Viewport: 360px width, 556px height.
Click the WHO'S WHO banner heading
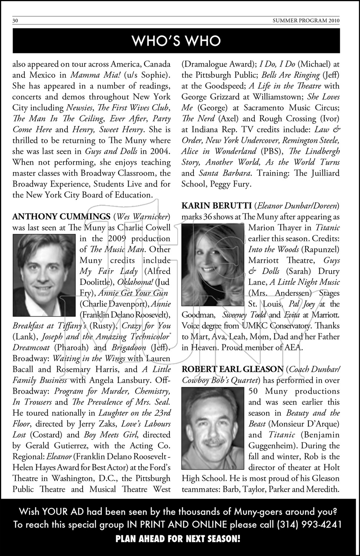point(176,41)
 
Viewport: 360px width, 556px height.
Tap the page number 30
point(16,21)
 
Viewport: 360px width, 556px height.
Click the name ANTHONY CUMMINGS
point(61,216)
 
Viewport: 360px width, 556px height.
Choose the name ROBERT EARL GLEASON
point(232,369)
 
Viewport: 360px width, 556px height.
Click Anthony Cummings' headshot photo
point(44,275)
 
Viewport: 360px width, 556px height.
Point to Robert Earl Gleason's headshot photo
point(212,428)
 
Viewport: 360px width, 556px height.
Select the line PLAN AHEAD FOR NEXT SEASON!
point(178,539)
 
